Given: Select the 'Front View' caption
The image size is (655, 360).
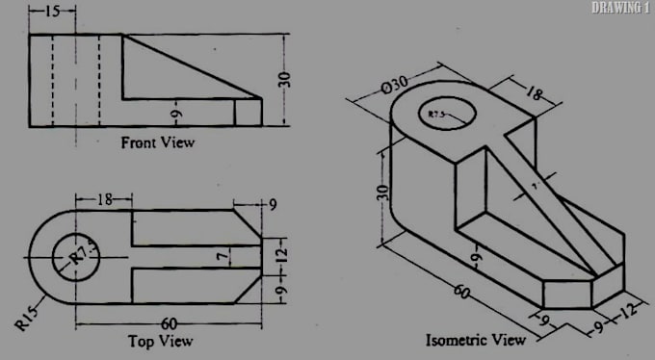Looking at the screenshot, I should pyautogui.click(x=157, y=142).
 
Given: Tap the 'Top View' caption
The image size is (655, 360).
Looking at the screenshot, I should pyautogui.click(x=160, y=341).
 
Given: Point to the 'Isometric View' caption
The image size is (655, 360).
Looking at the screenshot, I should pyautogui.click(x=476, y=340).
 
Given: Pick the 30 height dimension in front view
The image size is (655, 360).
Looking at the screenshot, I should pyautogui.click(x=284, y=79).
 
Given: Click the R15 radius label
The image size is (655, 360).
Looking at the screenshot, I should pyautogui.click(x=27, y=318).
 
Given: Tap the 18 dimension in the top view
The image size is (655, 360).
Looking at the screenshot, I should pyautogui.click(x=105, y=199).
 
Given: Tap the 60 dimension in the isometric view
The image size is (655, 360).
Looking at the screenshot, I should pyautogui.click(x=460, y=290).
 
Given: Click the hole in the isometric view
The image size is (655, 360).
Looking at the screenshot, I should pyautogui.click(x=447, y=116).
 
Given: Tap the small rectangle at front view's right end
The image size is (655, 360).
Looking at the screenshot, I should pyautogui.click(x=248, y=112).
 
